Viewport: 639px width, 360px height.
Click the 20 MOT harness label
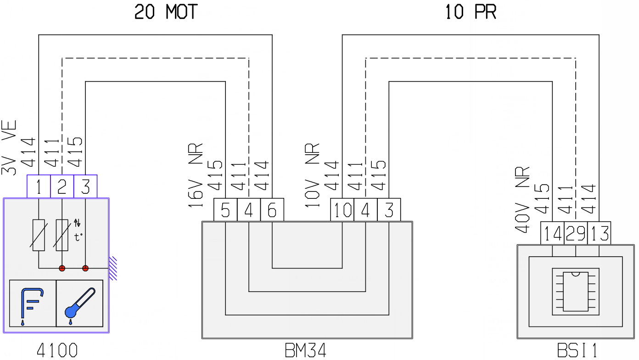[x=166, y=12]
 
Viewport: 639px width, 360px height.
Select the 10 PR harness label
[x=471, y=12]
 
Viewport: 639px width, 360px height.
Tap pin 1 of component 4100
[x=39, y=186]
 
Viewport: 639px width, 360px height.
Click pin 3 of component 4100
[x=85, y=186]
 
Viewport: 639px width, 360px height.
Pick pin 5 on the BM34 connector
[x=225, y=210]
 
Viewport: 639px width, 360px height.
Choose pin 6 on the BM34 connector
[x=272, y=210]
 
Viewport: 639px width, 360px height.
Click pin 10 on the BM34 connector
[x=342, y=210]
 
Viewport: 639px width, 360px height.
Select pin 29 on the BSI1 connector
[x=576, y=233]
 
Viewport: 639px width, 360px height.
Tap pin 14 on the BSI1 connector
[x=552, y=233]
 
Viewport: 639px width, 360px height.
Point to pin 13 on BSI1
[x=599, y=233]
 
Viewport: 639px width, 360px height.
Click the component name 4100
[x=57, y=350]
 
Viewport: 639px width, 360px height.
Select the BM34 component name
[x=306, y=350]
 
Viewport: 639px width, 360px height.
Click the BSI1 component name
[x=577, y=350]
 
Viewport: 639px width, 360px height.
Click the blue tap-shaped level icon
[x=32, y=305]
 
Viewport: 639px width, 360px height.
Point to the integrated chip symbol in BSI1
[x=576, y=292]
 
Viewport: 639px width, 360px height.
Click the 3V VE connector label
[x=9, y=148]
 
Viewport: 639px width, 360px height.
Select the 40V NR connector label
[x=522, y=200]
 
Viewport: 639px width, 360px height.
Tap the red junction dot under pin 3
[x=85, y=268]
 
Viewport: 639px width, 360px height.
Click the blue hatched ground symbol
[x=113, y=268]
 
